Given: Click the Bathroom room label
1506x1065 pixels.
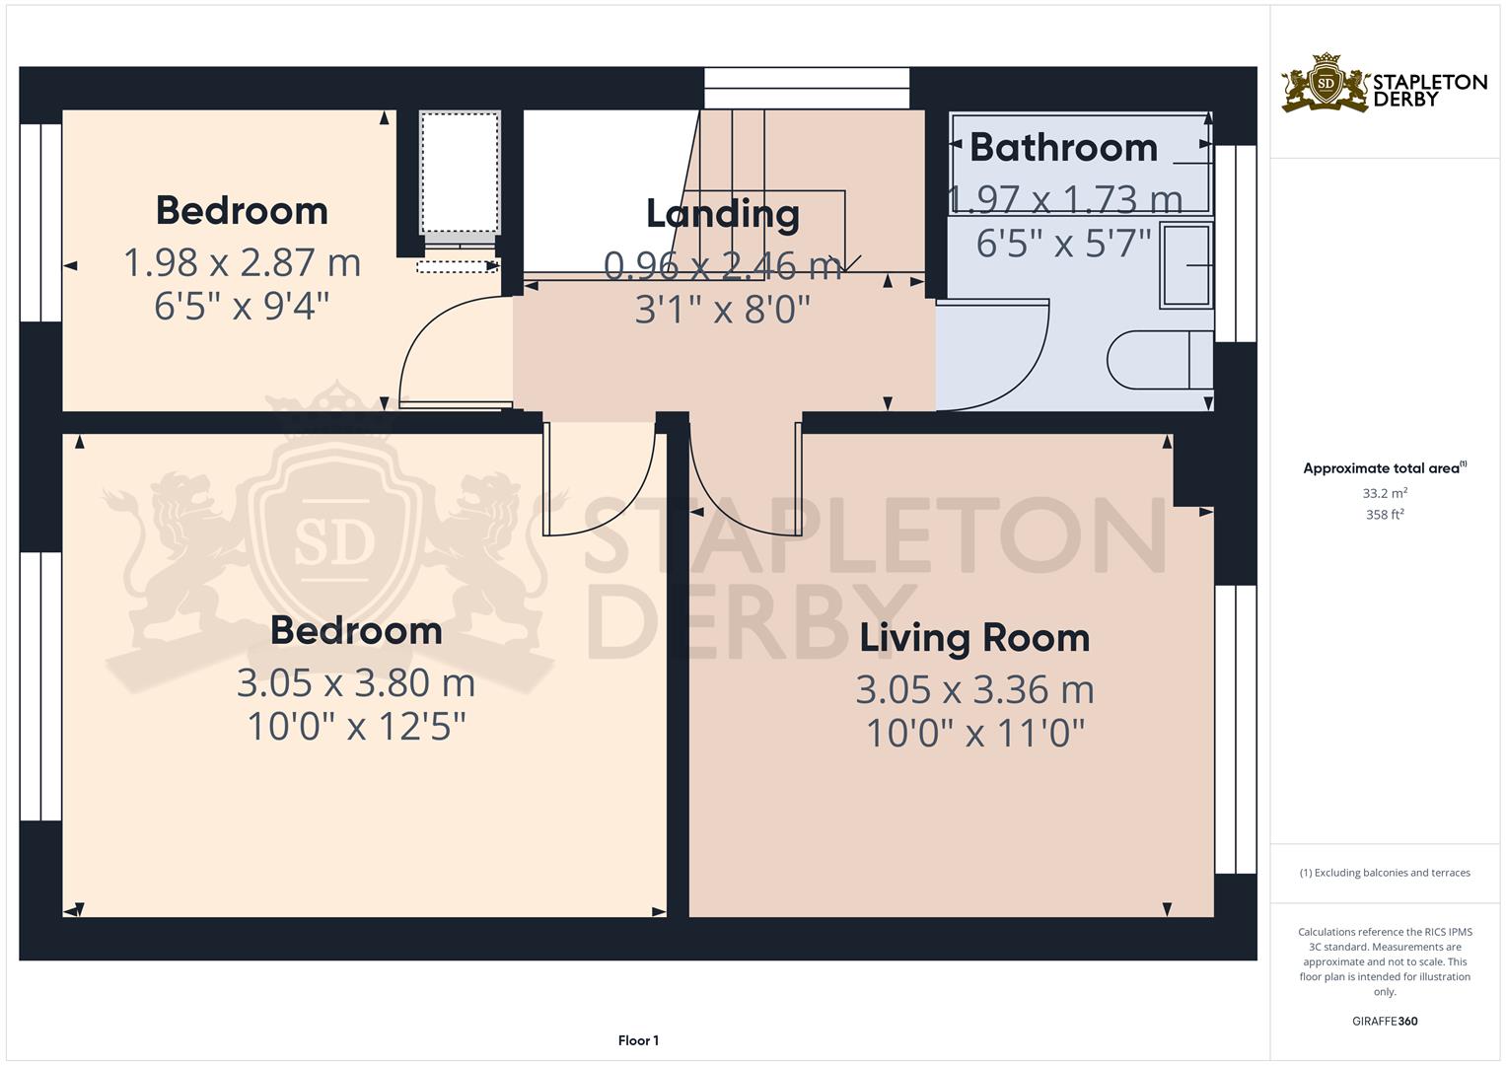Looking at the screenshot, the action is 1063,147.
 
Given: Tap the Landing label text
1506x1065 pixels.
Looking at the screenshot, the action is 723,214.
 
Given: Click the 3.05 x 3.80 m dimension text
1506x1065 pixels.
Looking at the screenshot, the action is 356,683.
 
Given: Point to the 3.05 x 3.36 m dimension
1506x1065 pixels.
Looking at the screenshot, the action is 974,690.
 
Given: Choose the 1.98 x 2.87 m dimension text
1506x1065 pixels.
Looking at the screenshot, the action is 242,262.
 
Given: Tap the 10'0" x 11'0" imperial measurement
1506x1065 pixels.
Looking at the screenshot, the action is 974,733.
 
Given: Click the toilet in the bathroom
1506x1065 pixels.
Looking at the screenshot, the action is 1160,360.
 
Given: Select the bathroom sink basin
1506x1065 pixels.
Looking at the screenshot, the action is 1186,265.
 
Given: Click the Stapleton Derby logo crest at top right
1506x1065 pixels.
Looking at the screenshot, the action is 1326,83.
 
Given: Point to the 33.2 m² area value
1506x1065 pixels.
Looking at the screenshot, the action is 1385,493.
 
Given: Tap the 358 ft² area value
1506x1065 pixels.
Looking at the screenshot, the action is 1385,515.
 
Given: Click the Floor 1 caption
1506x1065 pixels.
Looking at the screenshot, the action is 638,1040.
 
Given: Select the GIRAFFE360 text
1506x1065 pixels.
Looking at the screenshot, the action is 1385,1021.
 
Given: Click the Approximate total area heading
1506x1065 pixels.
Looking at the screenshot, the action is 1385,468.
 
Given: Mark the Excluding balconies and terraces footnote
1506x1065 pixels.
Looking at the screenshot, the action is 1385,873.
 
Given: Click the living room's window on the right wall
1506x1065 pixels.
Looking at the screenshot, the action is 1236,730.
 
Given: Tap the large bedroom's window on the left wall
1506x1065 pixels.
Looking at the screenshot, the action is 41,686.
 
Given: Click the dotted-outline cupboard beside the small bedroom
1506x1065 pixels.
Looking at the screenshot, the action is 461,173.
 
